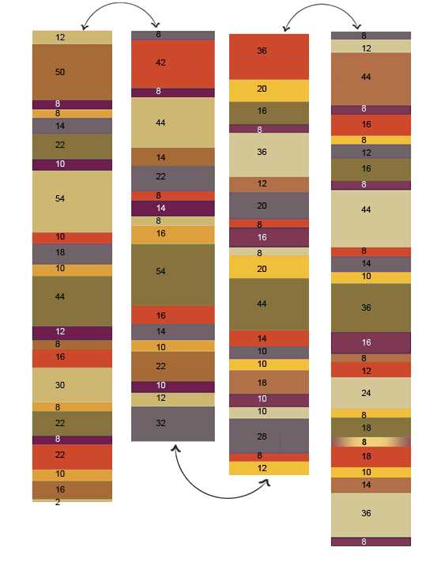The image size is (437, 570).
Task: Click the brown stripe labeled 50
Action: pyautogui.click(x=72, y=72)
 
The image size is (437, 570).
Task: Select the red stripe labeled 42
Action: pyautogui.click(x=173, y=64)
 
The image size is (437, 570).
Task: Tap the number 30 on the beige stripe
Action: pyautogui.click(x=60, y=385)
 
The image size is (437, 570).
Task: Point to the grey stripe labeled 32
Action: pyautogui.click(x=173, y=424)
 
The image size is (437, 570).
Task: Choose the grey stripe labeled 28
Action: pyautogui.click(x=269, y=436)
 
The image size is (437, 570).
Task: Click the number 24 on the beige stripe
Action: pyautogui.click(x=366, y=393)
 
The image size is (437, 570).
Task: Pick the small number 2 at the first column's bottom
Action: pyautogui.click(x=58, y=502)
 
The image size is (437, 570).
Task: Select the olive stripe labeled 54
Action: pyautogui.click(x=173, y=275)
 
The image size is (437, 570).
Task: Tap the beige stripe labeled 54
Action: pyautogui.click(x=72, y=202)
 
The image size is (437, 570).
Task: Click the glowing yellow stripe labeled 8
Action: pyautogui.click(x=371, y=442)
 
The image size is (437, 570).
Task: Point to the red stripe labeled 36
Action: pyautogui.click(x=269, y=57)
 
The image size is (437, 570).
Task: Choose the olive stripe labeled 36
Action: pyautogui.click(x=371, y=308)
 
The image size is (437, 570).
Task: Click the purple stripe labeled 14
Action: pyautogui.click(x=173, y=208)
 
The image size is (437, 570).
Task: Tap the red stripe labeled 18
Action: pyautogui.click(x=371, y=457)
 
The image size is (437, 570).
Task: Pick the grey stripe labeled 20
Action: pyautogui.click(x=269, y=206)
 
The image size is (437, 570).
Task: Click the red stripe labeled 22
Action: pyautogui.click(x=72, y=457)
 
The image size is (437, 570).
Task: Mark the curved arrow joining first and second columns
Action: pyautogui.click(x=120, y=3)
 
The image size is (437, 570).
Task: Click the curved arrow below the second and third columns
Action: pyautogui.click(x=225, y=497)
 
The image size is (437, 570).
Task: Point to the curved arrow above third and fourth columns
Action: pyautogui.click(x=322, y=5)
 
